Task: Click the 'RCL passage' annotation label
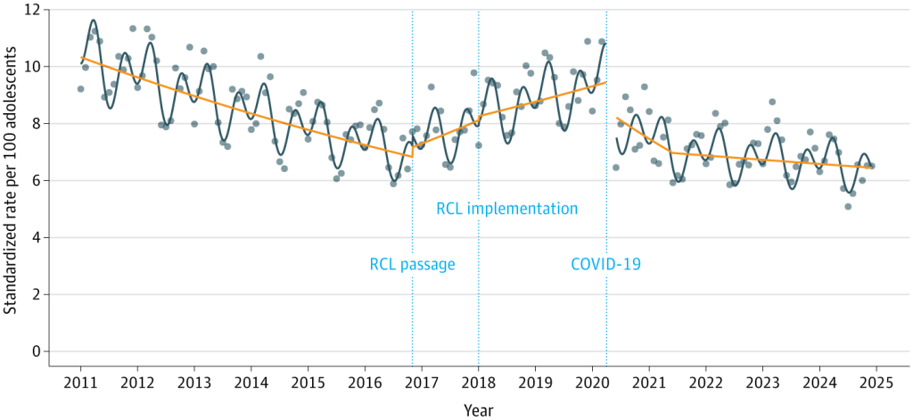(x=412, y=264)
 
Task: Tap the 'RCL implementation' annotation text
(x=506, y=209)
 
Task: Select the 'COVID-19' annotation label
(x=606, y=264)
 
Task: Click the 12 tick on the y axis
(x=34, y=10)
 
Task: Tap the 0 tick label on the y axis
(x=37, y=351)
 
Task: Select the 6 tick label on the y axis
(x=37, y=181)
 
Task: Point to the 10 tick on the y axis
(x=34, y=67)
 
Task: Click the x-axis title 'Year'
(x=477, y=410)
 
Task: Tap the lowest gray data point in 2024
(x=848, y=207)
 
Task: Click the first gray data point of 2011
(x=80, y=89)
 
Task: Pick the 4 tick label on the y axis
(x=37, y=237)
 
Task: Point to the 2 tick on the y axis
(x=37, y=294)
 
